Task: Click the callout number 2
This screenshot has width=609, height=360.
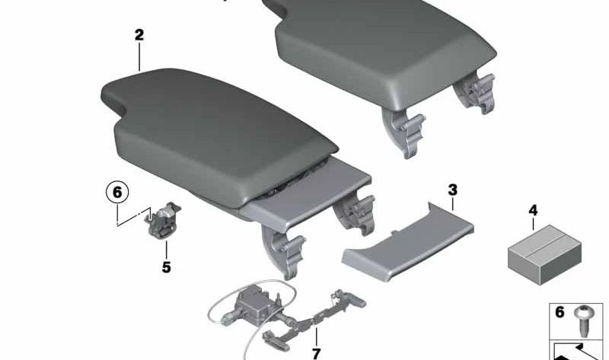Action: pos(139,35)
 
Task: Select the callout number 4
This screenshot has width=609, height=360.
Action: pos(532,209)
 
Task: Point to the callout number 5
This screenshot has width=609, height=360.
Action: pos(166,267)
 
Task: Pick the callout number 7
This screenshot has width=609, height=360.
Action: pos(315,353)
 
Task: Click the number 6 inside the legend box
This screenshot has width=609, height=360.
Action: pos(560,312)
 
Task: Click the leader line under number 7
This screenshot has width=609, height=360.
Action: pos(314,336)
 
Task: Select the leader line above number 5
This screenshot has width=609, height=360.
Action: pos(166,249)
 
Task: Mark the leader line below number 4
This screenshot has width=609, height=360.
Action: pos(532,225)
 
